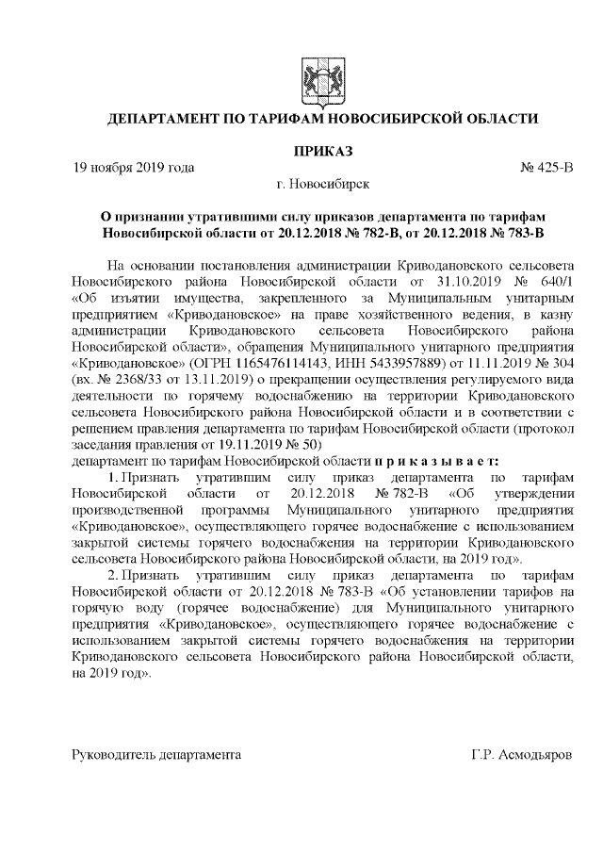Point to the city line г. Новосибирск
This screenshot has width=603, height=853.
point(322,184)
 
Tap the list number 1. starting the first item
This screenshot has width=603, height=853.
point(112,478)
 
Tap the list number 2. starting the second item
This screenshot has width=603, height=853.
point(112,573)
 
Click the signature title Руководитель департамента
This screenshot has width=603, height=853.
point(156,756)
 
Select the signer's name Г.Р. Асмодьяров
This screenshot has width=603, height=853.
point(521,756)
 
